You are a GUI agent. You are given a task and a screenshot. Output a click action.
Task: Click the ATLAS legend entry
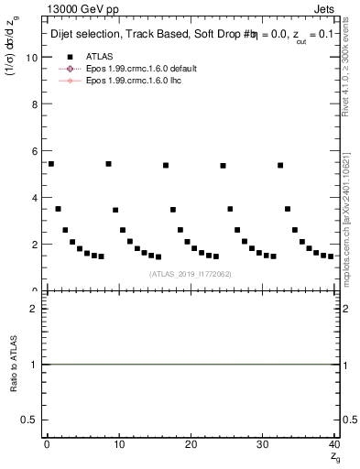(99, 57)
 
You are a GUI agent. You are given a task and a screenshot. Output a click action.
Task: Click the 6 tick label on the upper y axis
(34, 151)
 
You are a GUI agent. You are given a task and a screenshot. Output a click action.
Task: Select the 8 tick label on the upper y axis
(34, 104)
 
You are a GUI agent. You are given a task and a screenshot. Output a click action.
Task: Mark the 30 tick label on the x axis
(262, 443)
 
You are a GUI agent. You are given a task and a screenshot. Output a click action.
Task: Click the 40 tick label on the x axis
(333, 443)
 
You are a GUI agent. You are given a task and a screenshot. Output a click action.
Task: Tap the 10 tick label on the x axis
(118, 443)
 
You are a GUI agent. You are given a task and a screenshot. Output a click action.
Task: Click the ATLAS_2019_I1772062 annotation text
(190, 274)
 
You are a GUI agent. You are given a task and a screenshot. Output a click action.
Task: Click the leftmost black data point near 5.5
(50, 164)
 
